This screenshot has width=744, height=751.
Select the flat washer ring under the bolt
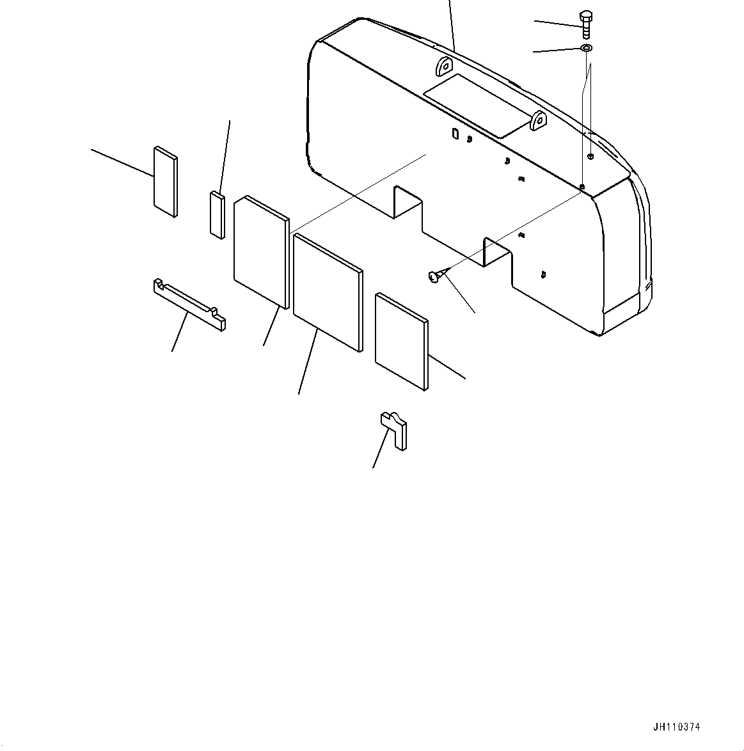coord(587,49)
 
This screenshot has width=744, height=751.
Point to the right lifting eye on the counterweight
coord(538,120)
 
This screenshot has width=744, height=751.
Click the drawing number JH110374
coord(676,727)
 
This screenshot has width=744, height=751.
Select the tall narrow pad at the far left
coord(164,181)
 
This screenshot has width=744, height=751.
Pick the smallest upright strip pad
coord(217,214)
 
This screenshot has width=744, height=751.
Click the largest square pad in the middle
coord(326,292)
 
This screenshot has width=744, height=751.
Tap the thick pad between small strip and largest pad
coord(262,250)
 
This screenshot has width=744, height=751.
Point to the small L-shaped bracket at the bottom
coord(395,429)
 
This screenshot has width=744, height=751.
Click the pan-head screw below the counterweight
coord(434,276)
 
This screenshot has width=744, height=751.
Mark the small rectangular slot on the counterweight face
coord(455,133)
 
